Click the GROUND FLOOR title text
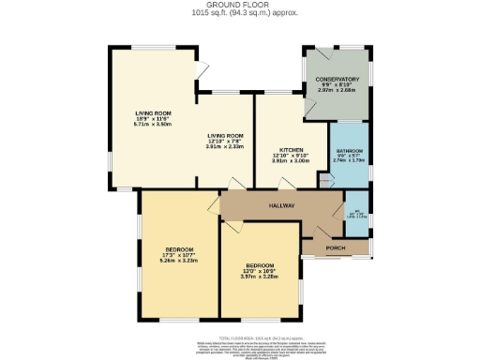coord(239,6)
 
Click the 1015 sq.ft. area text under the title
coord(239,13)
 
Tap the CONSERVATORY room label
coord(337,79)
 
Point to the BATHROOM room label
coord(349,151)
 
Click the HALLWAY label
coord(282,205)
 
